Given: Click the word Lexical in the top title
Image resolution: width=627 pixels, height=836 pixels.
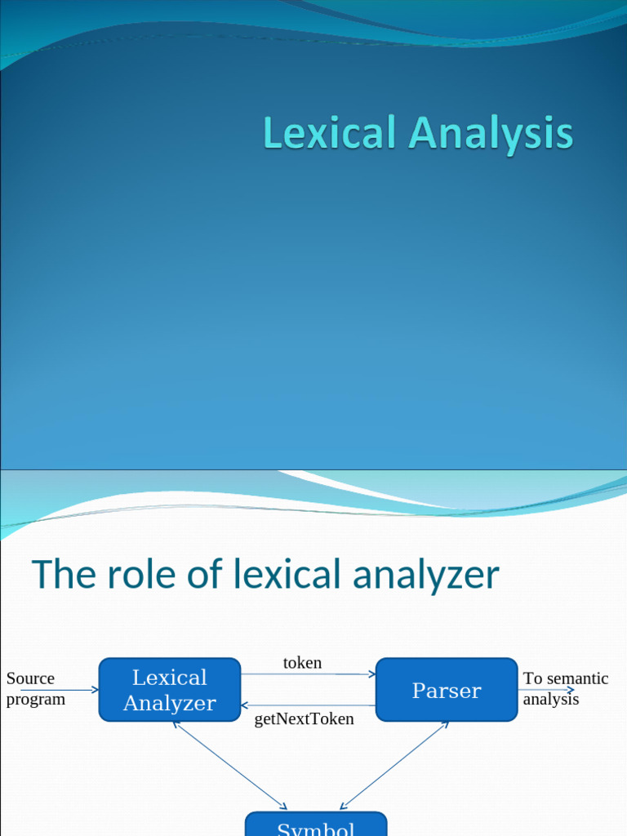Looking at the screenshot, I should pyautogui.click(x=329, y=134).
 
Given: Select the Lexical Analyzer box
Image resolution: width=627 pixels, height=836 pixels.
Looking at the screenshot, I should pyautogui.click(x=170, y=690).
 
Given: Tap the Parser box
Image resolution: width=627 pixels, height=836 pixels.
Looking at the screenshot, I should pyautogui.click(x=447, y=691).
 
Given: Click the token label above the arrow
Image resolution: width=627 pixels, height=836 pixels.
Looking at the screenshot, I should pyautogui.click(x=302, y=663).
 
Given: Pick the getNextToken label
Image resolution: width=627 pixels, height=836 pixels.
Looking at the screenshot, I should pyautogui.click(x=304, y=719).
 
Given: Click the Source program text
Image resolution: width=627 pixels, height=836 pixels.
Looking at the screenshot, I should pyautogui.click(x=35, y=688).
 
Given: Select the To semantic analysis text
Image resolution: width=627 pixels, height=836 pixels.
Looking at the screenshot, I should pyautogui.click(x=565, y=688).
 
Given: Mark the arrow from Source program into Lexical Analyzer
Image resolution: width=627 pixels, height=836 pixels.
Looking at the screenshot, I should pyautogui.click(x=82, y=690).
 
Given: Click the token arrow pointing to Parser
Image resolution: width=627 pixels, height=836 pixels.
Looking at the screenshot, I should pyautogui.click(x=309, y=674).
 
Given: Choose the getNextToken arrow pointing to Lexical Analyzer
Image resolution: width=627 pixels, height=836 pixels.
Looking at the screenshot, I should pyautogui.click(x=309, y=705).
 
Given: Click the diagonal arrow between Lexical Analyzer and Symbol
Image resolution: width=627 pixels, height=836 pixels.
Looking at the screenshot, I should pyautogui.click(x=230, y=766).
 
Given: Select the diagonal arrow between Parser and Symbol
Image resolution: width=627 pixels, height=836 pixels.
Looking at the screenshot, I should pyautogui.click(x=394, y=766).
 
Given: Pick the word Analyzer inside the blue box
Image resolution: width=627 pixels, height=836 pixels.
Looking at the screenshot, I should pyautogui.click(x=170, y=703).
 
